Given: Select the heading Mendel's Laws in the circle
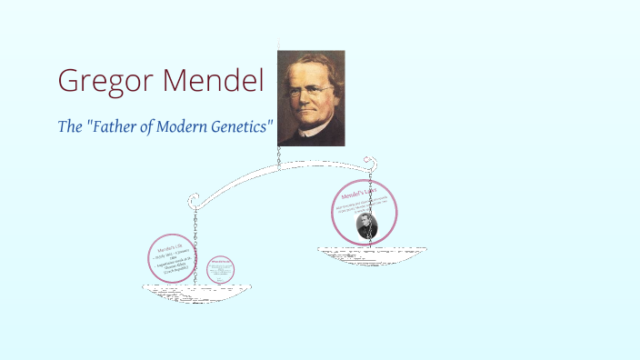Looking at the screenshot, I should click(x=358, y=195).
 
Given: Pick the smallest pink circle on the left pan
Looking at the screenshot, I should click(x=221, y=269).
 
